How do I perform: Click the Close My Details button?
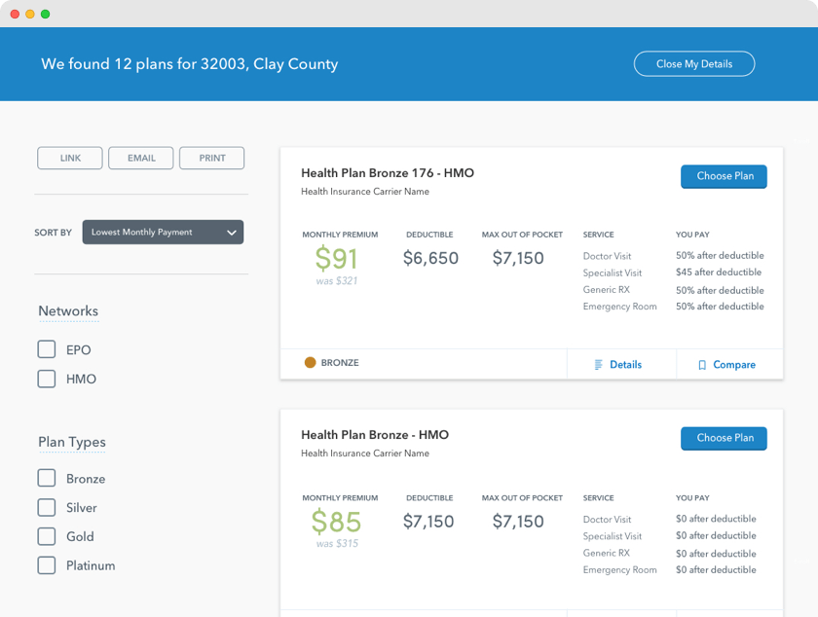coord(693,64)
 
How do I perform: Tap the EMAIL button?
coord(141,158)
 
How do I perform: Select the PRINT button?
coord(212,158)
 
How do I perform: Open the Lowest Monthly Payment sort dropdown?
coord(163,233)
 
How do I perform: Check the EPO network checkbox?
coord(47,349)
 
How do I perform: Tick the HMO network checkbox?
coord(47,379)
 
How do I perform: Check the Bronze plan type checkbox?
coord(47,478)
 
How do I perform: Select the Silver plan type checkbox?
coord(47,507)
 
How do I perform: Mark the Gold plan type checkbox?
coord(47,536)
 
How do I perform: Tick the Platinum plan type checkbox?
coord(47,565)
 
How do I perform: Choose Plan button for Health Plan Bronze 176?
coord(724,176)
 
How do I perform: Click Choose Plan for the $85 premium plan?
coord(724,438)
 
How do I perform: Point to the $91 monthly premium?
coord(337,258)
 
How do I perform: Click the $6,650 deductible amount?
coord(430,258)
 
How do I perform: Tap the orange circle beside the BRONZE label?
coord(310,363)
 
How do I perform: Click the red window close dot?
coord(15,14)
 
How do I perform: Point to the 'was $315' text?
coord(337,543)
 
